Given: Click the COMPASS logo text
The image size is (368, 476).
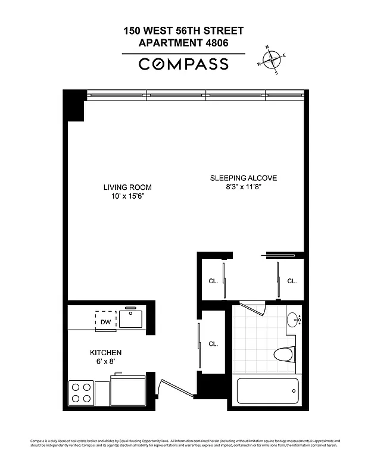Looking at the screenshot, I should pos(183,64).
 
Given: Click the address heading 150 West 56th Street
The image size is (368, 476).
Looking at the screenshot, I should pos(183,30).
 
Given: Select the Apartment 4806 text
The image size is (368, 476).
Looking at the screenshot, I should pos(183,43).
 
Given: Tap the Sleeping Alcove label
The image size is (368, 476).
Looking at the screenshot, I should pos(243,178).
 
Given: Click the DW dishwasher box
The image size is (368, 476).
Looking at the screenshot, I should pos(105,321).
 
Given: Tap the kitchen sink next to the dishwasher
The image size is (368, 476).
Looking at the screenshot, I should pos(130,320).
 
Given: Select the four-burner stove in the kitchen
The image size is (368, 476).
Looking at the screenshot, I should pos(82,393).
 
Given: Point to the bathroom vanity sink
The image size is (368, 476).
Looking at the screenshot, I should pos(293,320).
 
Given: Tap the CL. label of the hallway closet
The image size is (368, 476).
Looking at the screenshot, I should pos(213,343).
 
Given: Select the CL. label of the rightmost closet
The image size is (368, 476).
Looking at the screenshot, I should pos(292,281).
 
